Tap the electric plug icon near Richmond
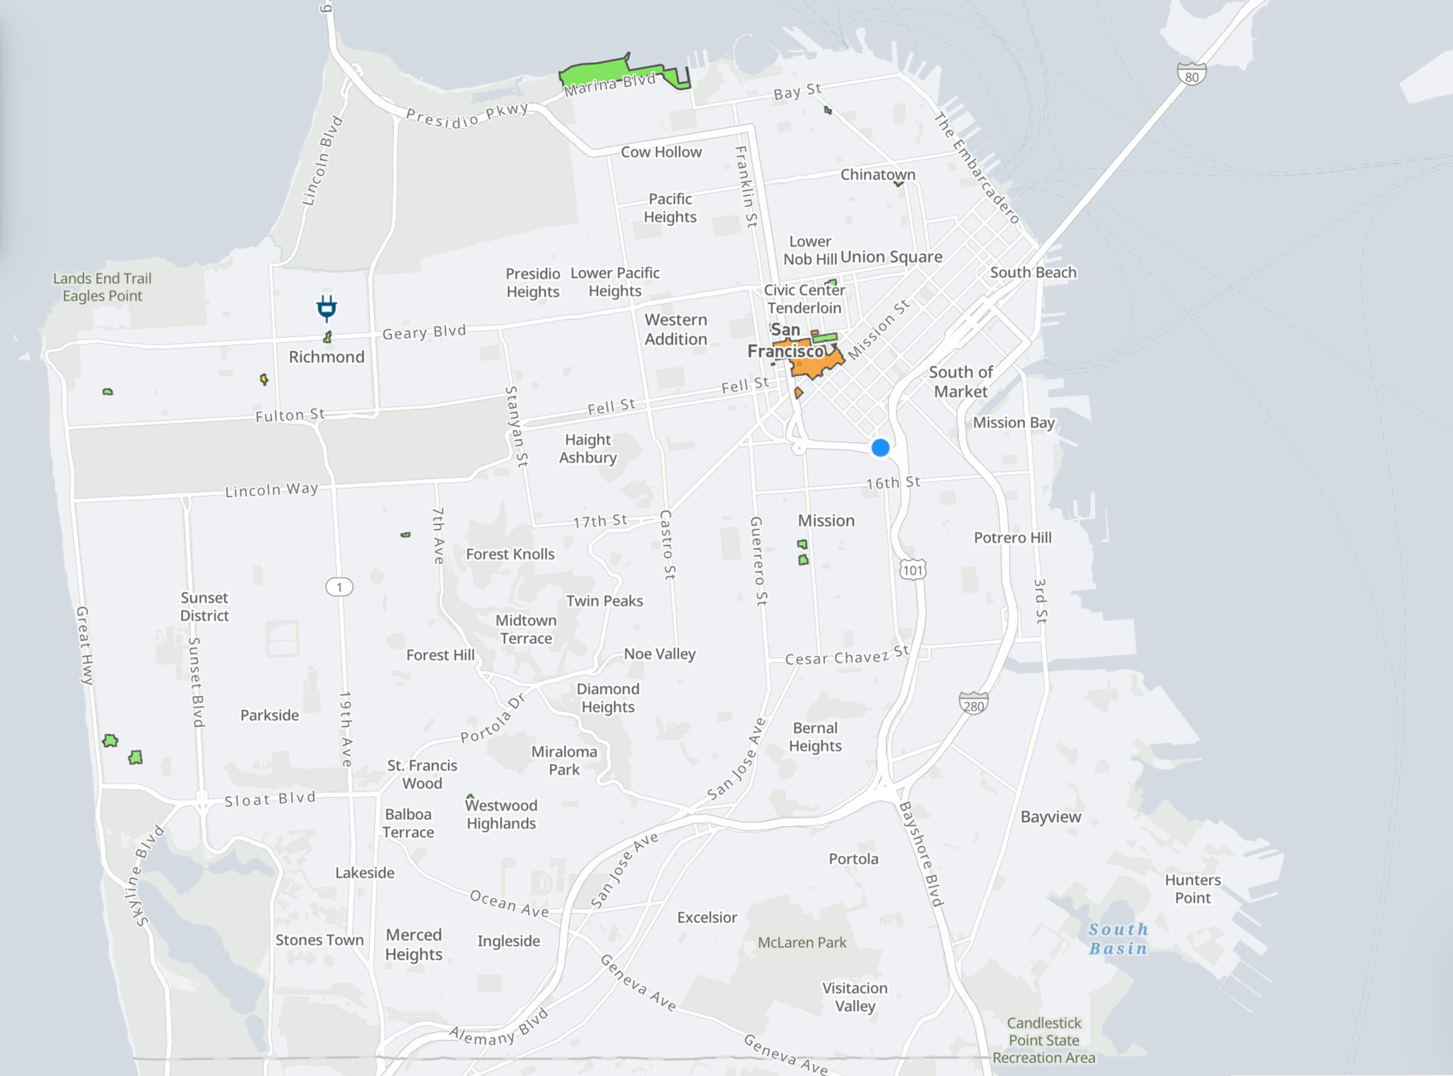tap(327, 308)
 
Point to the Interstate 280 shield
tap(974, 704)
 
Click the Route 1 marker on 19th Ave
tap(339, 587)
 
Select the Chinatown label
tap(877, 175)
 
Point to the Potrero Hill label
tap(1012, 537)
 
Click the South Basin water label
tap(1118, 939)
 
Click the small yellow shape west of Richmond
tap(264, 379)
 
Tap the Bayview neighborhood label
tap(1050, 817)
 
